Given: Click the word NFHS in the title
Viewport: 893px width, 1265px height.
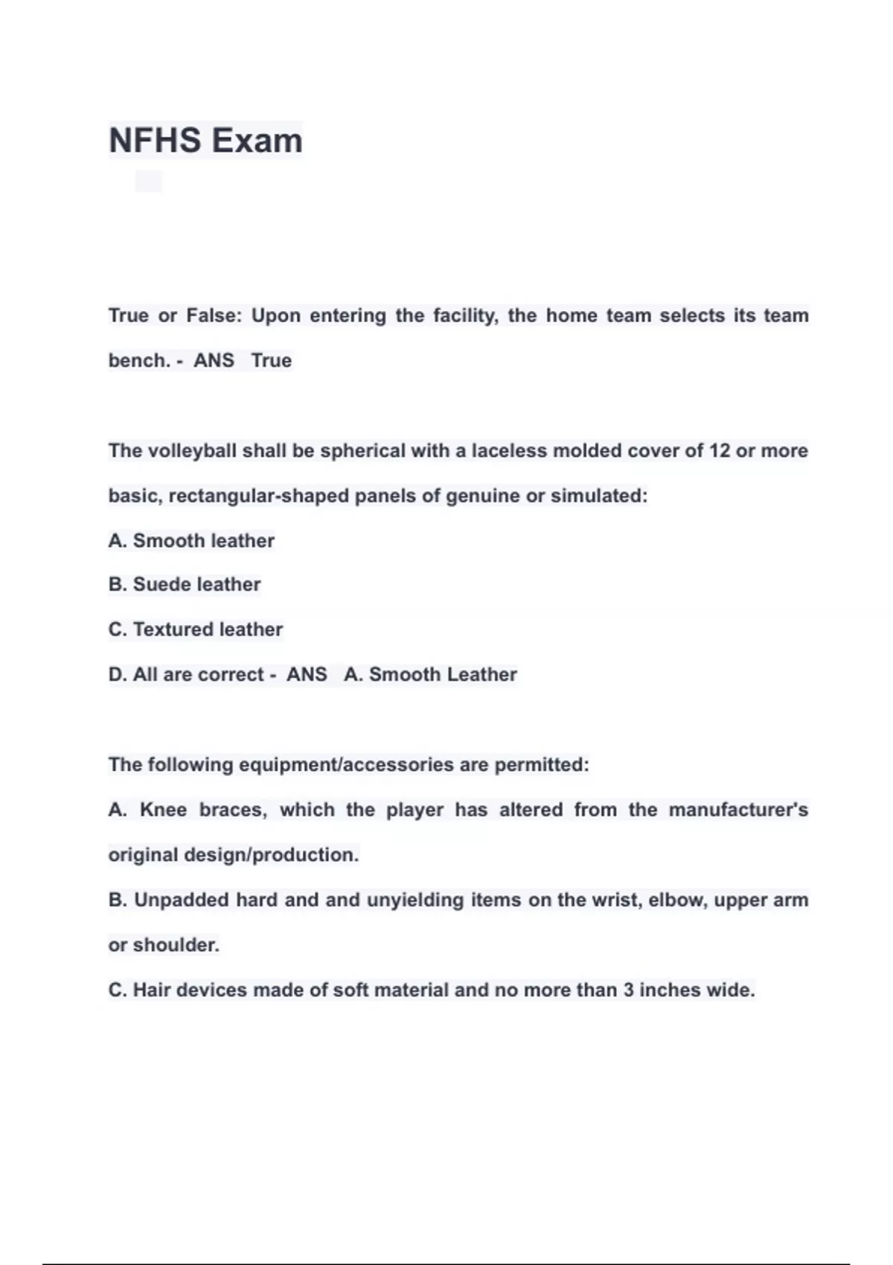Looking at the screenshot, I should (154, 141).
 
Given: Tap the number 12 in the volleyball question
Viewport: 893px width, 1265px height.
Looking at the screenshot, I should (719, 451).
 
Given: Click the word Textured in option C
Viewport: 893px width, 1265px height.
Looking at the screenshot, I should (170, 630).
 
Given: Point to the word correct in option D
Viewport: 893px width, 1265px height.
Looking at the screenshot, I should (231, 674).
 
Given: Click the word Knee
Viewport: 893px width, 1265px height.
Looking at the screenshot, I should (163, 810).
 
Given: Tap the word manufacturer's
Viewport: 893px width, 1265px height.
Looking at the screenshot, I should (737, 810).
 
